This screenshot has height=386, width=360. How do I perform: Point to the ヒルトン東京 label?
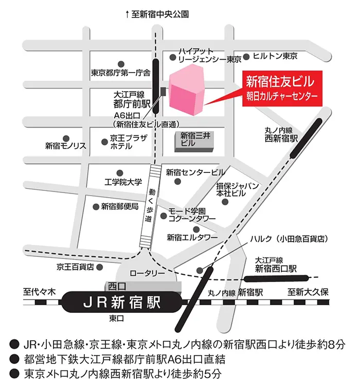276,56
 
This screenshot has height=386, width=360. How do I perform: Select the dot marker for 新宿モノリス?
65,138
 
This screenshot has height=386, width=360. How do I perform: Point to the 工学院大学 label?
123,182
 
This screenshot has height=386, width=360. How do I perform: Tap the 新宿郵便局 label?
119,206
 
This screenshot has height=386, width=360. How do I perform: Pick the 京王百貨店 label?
76,267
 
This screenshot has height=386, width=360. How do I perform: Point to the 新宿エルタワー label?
192,237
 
